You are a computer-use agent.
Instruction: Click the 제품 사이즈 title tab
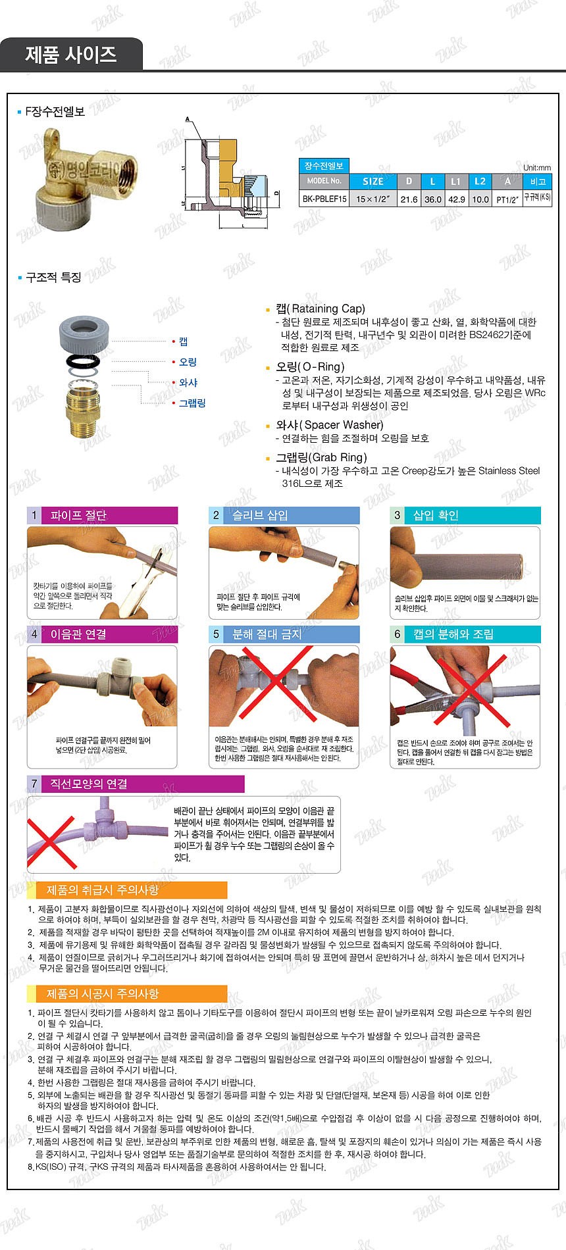[x=71, y=55]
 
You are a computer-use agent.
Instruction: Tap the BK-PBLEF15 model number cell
[x=324, y=199]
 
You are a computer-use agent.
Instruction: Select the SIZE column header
[x=373, y=181]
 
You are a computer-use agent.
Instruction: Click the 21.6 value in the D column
[x=409, y=199]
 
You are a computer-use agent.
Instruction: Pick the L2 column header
[x=480, y=181]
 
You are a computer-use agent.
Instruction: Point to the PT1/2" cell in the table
[x=507, y=199]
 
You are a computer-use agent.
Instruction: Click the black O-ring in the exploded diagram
[x=84, y=361]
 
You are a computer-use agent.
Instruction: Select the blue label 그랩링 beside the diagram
[x=192, y=403]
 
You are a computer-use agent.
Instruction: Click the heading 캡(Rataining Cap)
[x=320, y=309]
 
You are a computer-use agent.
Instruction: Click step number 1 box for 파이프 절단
[x=34, y=515]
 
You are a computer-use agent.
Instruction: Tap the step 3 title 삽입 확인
[x=435, y=515]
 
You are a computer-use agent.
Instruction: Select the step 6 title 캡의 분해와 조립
[x=453, y=634]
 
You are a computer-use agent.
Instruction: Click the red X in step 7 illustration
[x=51, y=842]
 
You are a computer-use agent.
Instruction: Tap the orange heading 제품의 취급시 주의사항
[x=103, y=890]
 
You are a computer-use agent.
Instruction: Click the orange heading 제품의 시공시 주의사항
[x=103, y=993]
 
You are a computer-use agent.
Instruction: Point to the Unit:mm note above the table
[x=536, y=167]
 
